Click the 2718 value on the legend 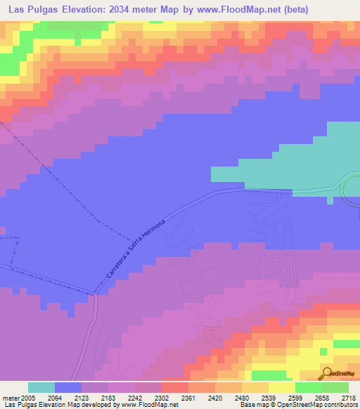(349, 397)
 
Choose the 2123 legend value (82, 397)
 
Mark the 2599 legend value (295, 397)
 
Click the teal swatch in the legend (41, 387)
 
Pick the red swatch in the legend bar (174, 387)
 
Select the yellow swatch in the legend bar (281, 387)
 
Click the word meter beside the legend (11, 397)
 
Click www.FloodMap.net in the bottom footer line (149, 405)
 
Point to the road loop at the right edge (349, 188)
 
